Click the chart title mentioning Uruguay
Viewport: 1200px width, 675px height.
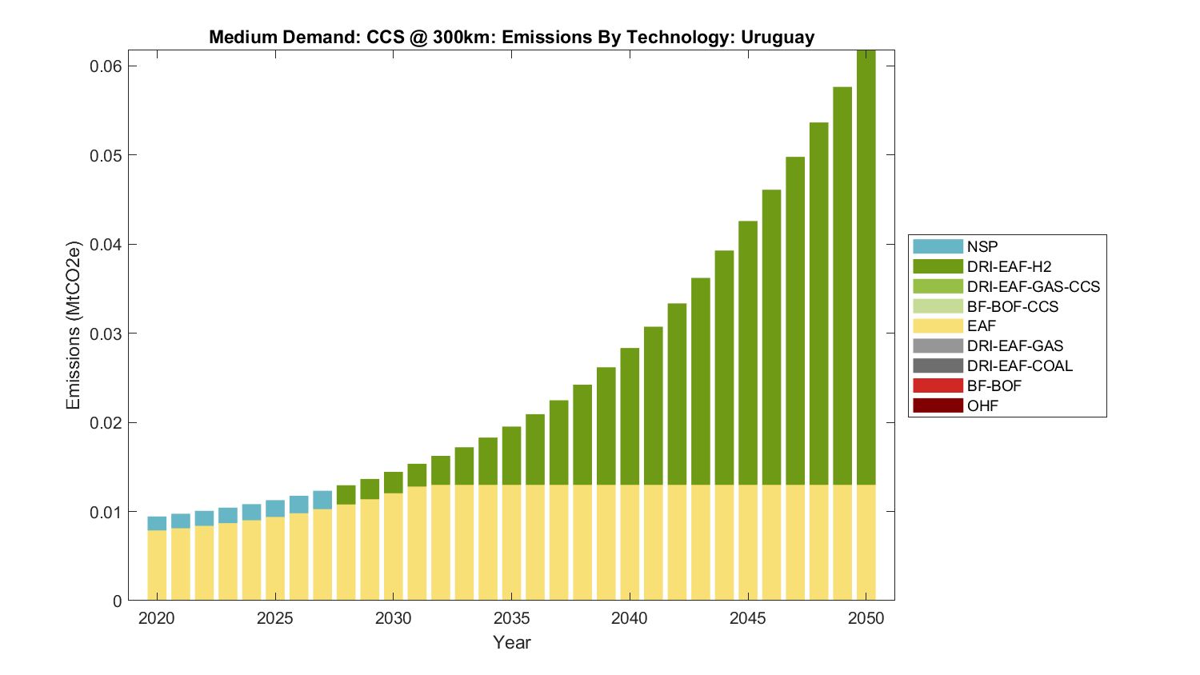point(511,37)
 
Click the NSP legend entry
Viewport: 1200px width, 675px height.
point(982,247)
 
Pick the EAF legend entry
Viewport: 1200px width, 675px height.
point(982,326)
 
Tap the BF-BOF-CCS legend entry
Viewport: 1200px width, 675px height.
point(1012,306)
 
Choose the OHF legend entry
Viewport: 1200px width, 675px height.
point(982,405)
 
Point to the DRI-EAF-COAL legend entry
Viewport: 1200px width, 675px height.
point(1019,365)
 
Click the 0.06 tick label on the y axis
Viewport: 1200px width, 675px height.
point(106,66)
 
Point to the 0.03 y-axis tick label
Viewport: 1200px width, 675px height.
point(106,334)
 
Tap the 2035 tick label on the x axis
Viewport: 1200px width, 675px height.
point(511,618)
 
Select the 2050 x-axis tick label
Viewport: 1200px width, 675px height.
point(866,618)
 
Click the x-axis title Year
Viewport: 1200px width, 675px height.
point(511,642)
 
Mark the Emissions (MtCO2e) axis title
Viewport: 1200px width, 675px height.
point(74,325)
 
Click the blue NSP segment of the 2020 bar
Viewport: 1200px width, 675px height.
point(157,524)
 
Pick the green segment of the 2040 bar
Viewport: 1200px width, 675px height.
point(630,416)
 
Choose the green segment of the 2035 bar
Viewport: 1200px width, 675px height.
point(511,456)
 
